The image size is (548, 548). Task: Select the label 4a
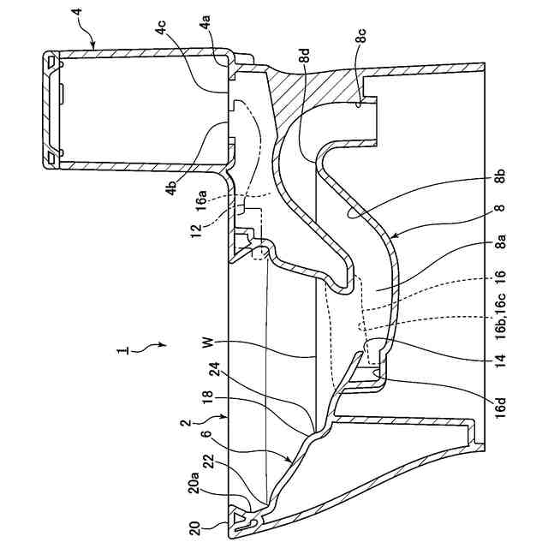(x=207, y=31)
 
